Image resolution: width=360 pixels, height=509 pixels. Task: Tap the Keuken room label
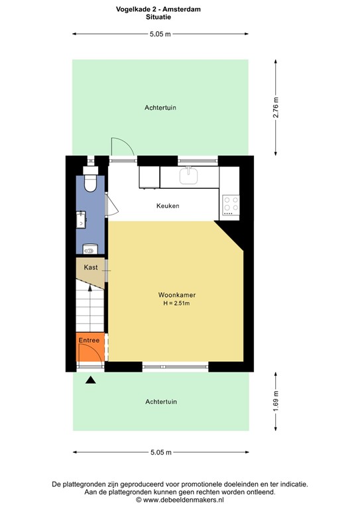(168, 205)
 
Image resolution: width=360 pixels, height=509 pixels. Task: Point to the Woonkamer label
(176, 294)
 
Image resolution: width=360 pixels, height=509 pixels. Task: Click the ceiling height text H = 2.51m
(176, 304)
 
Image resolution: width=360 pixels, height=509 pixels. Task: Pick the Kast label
(91, 267)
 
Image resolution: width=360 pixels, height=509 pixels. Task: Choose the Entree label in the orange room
(89, 341)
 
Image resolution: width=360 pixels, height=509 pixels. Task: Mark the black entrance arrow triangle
(90, 380)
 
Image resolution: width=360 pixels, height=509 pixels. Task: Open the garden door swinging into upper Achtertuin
(122, 149)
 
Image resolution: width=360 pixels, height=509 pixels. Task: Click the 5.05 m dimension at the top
(160, 34)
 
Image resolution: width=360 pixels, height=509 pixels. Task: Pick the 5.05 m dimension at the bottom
(160, 452)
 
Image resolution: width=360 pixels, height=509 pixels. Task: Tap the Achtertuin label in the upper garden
(160, 107)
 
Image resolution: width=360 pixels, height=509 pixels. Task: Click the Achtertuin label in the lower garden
(161, 402)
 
